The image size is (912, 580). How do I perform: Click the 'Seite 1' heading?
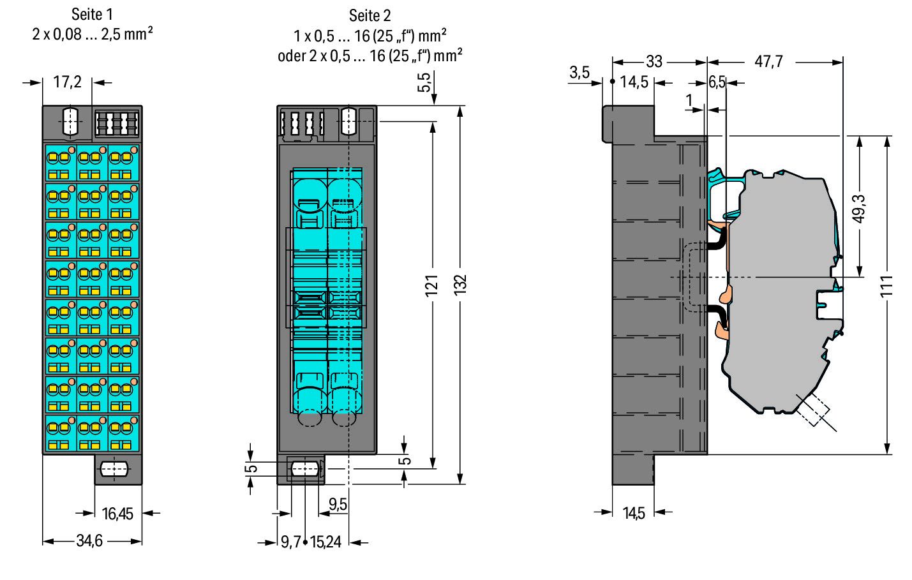coord(92,15)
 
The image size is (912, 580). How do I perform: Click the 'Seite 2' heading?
coord(370,16)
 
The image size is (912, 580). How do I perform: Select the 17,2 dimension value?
coord(67,82)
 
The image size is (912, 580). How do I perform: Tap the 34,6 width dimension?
coord(89,541)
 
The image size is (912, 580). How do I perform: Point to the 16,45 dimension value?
coord(117,514)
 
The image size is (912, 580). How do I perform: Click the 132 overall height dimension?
coord(460,285)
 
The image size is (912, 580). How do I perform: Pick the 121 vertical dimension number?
coord(432,286)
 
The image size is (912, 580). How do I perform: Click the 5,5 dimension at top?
coord(424,82)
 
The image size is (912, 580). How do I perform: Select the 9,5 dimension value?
coord(338,504)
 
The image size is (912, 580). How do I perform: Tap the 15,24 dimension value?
coord(325,542)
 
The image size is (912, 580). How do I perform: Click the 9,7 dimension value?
coord(291,542)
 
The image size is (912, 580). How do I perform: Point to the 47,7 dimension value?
coord(768,61)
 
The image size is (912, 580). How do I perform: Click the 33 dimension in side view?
coord(654,61)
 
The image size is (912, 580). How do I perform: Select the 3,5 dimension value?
coord(579,73)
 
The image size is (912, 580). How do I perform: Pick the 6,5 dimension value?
coord(717,82)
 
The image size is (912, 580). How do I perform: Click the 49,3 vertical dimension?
coord(858,209)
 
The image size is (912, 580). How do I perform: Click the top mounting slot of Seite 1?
coord(70,121)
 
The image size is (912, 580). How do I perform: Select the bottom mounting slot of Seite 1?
coord(114,469)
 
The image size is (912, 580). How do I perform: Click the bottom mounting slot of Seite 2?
coord(304,469)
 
